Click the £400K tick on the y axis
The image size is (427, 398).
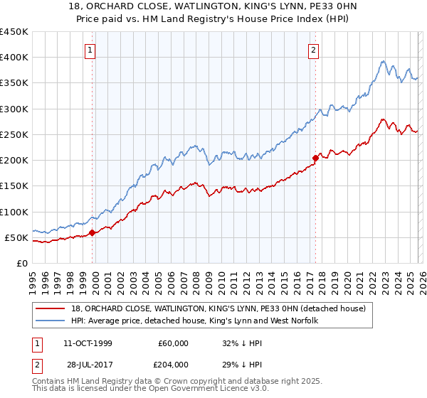[14, 58]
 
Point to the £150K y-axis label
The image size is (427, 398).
[14, 186]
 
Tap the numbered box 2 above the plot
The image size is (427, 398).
[314, 50]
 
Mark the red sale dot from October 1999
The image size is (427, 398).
[93, 232]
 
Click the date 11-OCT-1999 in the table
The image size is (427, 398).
[90, 343]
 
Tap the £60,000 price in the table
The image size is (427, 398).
[174, 343]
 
